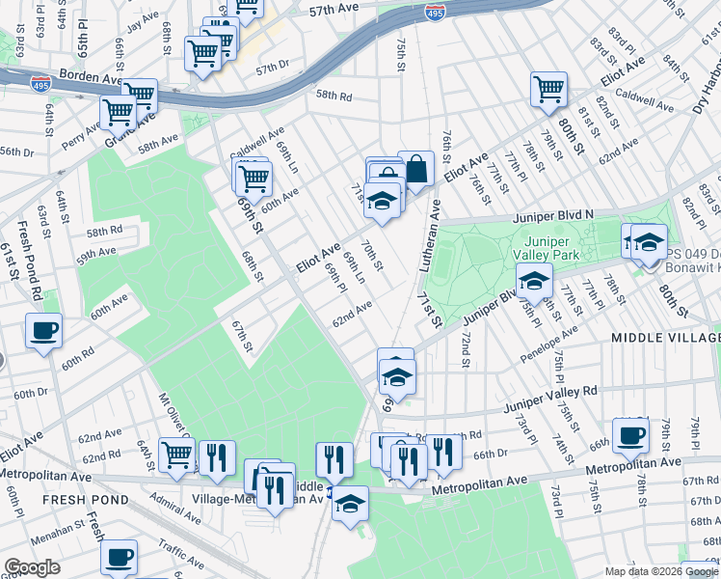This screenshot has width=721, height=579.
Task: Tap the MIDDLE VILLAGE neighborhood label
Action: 665,338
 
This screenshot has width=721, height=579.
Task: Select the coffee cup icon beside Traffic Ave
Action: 120,557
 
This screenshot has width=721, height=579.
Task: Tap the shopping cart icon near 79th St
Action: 548,89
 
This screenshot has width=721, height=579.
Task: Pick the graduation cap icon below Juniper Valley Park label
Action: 534,281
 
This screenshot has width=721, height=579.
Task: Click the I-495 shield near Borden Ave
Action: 40,85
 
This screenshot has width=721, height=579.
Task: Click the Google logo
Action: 32,566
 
